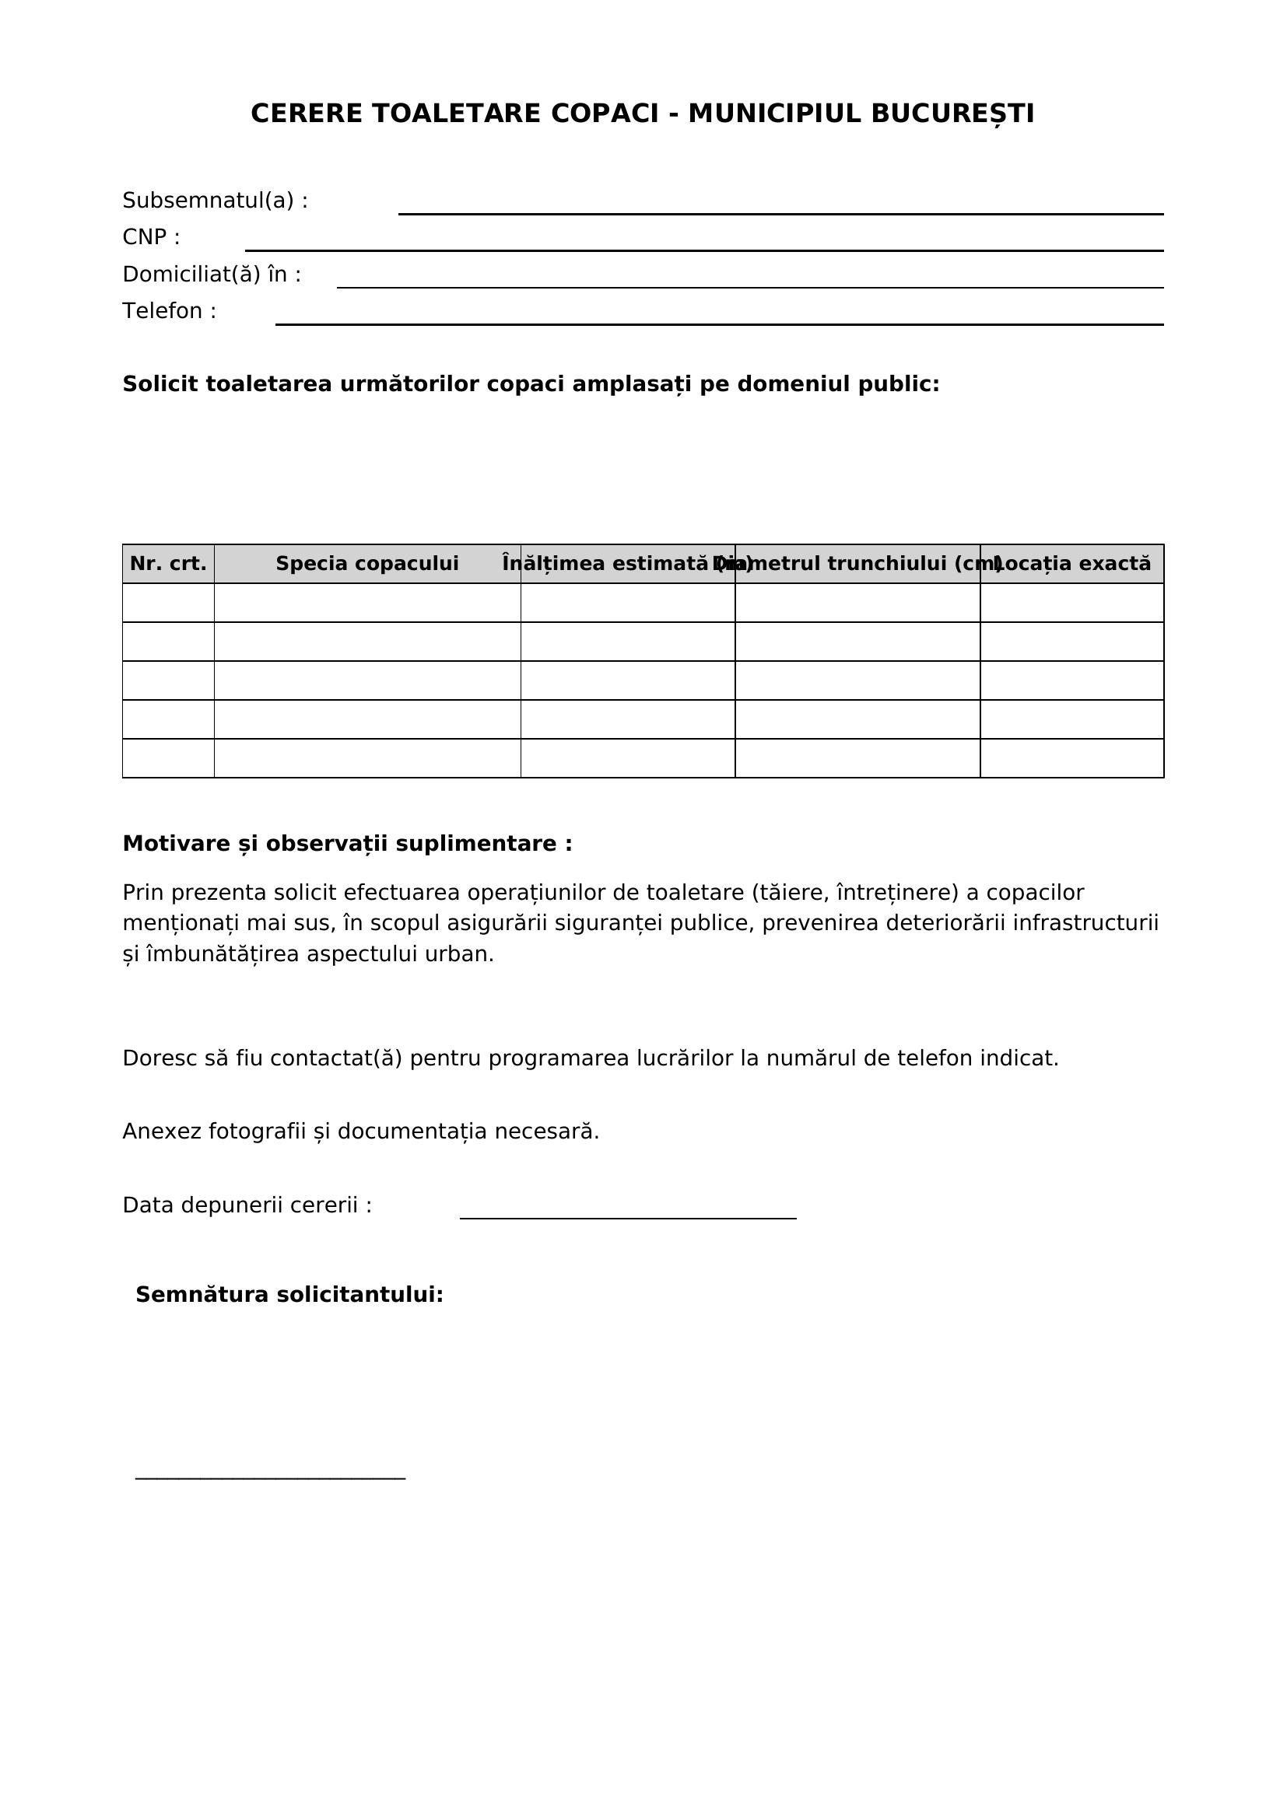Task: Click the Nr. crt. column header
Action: coord(168,564)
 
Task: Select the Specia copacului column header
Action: coord(367,564)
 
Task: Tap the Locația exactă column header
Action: coord(1071,564)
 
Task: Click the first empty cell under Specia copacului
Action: coord(367,603)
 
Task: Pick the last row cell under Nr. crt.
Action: coord(168,758)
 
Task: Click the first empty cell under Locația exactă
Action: coord(1071,603)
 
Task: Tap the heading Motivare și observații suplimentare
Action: coord(347,845)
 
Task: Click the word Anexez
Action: coord(163,1132)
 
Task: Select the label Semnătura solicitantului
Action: coord(289,1296)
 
